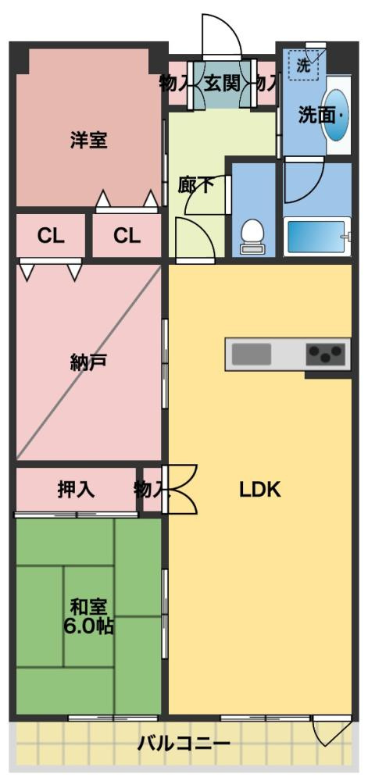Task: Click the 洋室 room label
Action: [88, 141]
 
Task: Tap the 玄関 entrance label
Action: [222, 83]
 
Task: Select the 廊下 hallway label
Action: [196, 185]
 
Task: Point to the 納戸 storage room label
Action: [88, 362]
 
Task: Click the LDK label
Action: [259, 490]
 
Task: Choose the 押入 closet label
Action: [76, 490]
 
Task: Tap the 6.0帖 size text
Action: [88, 626]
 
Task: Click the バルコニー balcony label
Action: [184, 742]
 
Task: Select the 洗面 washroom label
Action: [317, 116]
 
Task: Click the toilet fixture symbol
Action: [252, 237]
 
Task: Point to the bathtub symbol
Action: [316, 237]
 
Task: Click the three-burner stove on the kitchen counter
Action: [327, 355]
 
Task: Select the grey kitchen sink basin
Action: [251, 355]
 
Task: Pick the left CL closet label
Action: [51, 235]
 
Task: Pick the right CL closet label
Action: [127, 235]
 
